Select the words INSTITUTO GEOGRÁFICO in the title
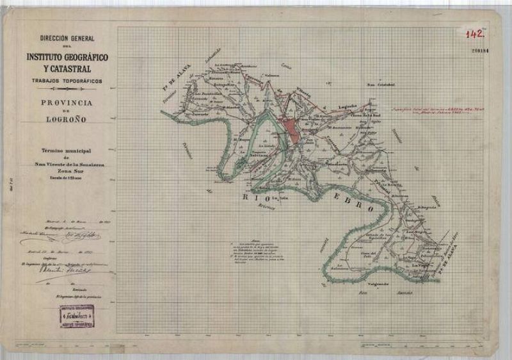[67, 58]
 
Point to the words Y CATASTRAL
[67, 69]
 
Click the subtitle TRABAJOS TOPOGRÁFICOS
[67, 81]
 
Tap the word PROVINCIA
[67, 102]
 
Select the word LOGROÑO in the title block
[67, 119]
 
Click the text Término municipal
[67, 149]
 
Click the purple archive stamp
[77, 316]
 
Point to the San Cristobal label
[378, 83]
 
